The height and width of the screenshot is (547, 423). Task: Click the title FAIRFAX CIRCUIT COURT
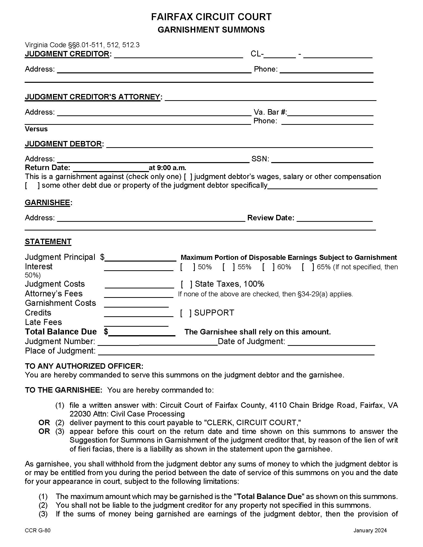211,17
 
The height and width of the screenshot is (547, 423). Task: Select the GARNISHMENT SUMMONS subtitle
211,30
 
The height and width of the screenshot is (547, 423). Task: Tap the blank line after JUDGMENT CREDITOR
178,55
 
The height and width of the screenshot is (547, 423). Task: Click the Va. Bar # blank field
330,113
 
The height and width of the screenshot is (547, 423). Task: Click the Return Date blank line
111,168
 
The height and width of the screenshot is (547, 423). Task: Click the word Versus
36,129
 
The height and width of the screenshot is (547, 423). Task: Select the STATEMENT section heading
48,242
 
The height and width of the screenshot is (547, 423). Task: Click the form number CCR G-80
38,531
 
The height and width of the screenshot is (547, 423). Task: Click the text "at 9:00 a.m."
167,168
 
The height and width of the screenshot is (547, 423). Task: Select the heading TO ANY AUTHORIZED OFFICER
84,366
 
